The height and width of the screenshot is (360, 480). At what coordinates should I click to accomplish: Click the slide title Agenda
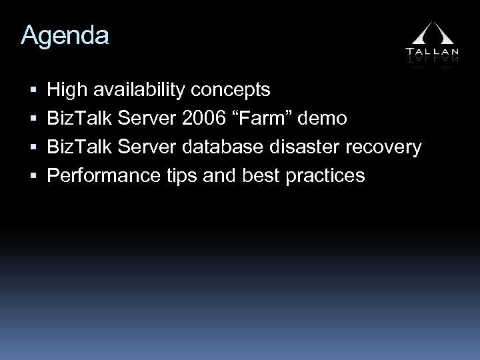(x=65, y=36)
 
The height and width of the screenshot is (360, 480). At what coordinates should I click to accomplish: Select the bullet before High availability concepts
(x=33, y=90)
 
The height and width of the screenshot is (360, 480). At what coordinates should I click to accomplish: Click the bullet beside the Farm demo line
(x=33, y=119)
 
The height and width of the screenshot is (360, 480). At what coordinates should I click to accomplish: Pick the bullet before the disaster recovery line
(x=33, y=148)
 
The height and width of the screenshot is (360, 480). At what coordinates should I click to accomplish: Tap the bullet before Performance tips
(x=33, y=177)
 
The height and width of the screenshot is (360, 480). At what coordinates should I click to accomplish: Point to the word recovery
(x=389, y=148)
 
